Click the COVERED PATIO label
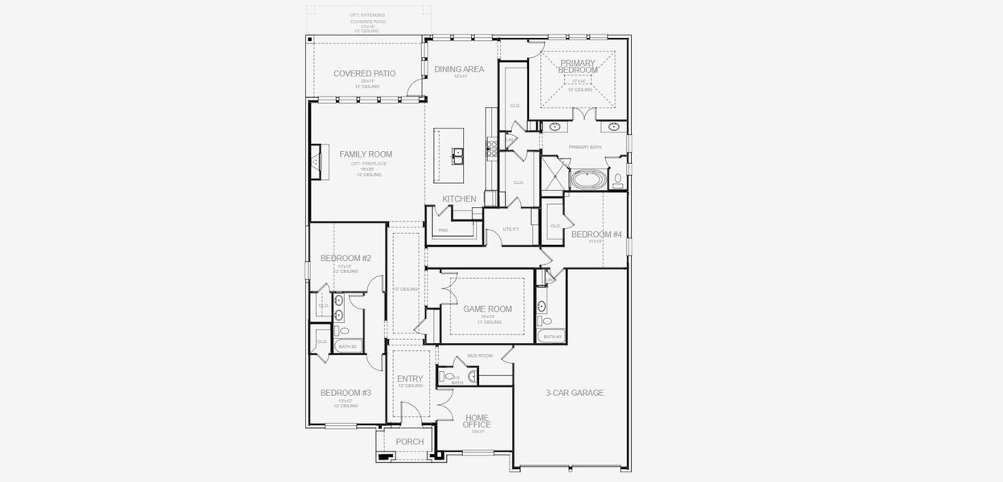click(364, 73)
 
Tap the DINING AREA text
click(459, 69)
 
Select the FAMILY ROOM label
click(366, 154)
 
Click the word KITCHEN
click(459, 198)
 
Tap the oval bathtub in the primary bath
click(589, 179)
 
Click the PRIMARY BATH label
click(584, 147)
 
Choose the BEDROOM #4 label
click(596, 235)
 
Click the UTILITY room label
click(510, 229)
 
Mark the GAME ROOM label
click(487, 308)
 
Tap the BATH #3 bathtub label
click(552, 337)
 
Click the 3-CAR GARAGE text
click(574, 393)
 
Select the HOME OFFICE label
click(477, 421)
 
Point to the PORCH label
click(409, 441)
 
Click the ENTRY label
click(410, 379)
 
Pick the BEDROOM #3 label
click(346, 393)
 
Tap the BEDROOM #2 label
click(346, 258)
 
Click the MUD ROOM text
click(480, 355)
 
